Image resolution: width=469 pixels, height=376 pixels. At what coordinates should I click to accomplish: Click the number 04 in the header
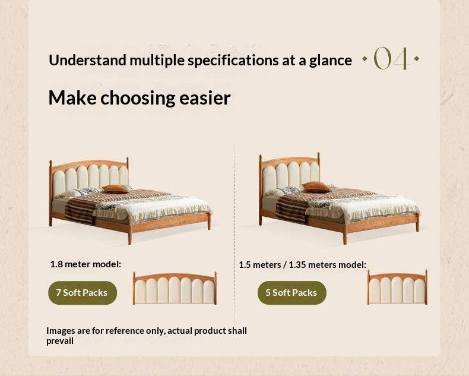tap(391, 59)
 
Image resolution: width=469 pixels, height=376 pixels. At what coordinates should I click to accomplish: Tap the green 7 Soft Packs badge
tap(82, 293)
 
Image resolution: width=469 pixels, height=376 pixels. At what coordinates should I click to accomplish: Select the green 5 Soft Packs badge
tap(291, 293)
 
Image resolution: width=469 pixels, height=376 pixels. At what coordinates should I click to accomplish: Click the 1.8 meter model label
tap(85, 264)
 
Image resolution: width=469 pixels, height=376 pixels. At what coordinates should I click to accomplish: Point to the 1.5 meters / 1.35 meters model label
tap(302, 264)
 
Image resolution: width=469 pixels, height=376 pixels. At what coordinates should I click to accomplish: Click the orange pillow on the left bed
tap(115, 188)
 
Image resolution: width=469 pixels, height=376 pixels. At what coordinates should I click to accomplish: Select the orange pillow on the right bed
tap(316, 187)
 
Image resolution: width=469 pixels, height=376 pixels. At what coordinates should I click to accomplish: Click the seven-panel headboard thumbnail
tap(175, 289)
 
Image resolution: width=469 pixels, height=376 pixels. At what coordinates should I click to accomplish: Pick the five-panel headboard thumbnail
tap(397, 287)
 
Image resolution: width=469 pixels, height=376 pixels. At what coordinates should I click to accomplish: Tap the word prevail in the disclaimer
tap(60, 341)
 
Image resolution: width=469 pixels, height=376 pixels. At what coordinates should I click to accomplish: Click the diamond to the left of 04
tap(365, 59)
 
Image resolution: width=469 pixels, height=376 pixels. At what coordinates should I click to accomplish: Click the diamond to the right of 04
tap(417, 59)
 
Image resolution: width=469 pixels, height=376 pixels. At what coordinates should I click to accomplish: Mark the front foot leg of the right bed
tap(344, 237)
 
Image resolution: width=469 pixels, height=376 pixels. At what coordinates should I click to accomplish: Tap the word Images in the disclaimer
tap(61, 330)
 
